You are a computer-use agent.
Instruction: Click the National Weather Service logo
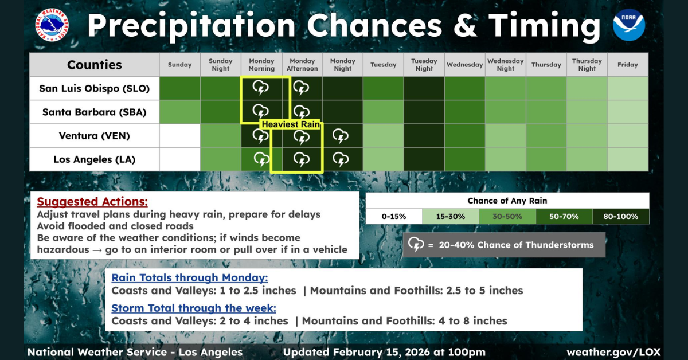[x=52, y=25]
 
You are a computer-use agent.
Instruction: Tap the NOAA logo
[x=629, y=25]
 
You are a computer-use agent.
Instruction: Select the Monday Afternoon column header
[x=302, y=65]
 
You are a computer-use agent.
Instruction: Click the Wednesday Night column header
[x=506, y=65]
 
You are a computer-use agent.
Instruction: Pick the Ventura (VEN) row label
[x=94, y=136]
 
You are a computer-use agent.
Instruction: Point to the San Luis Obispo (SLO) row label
[x=94, y=88]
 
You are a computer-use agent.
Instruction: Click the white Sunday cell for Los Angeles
[x=179, y=159]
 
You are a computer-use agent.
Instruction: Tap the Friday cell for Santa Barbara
[x=628, y=112]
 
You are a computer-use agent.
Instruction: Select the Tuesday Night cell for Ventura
[x=424, y=136]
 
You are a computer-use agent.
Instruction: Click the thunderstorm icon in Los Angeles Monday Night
[x=341, y=159]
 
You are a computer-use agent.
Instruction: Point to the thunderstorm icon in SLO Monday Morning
[x=261, y=88]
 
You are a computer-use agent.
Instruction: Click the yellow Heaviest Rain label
[x=291, y=124]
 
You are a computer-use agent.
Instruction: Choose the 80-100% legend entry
[x=621, y=217]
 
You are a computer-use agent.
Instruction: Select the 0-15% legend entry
[x=394, y=217]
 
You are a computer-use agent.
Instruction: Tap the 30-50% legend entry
[x=507, y=217]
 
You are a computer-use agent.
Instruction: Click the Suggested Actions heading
[x=92, y=202]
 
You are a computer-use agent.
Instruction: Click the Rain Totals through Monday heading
[x=190, y=277]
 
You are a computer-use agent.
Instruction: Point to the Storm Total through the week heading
[x=194, y=308]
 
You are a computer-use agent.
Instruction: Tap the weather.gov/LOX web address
[x=613, y=352]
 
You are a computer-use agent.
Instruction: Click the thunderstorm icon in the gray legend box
[x=416, y=245]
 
